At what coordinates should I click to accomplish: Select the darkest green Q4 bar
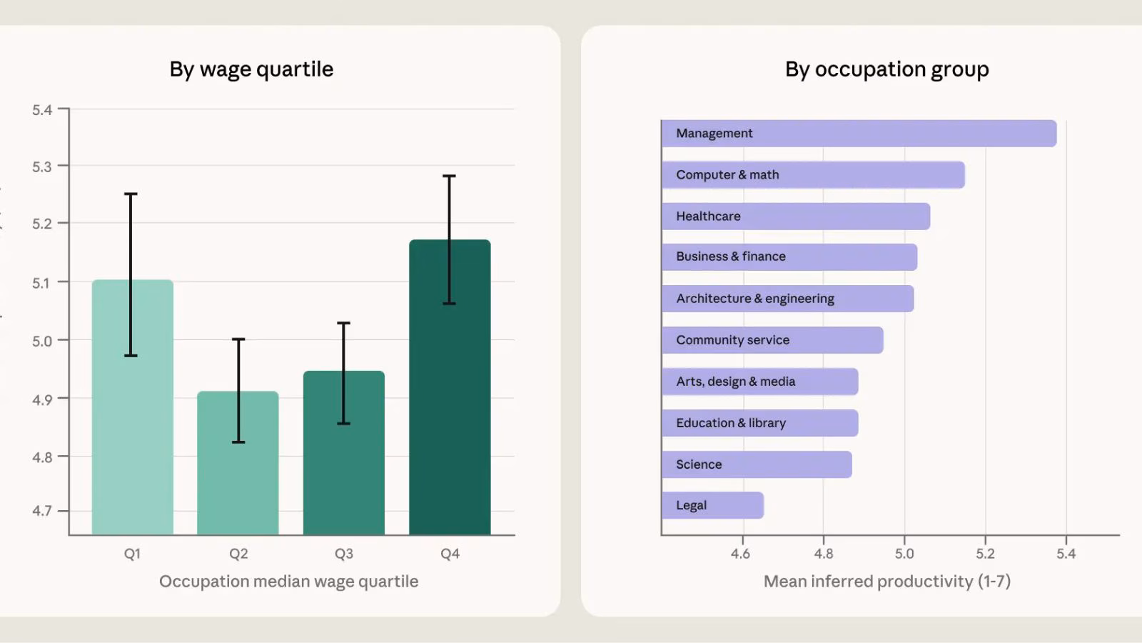click(450, 400)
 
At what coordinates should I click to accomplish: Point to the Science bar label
click(699, 464)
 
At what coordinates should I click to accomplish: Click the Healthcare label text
click(708, 216)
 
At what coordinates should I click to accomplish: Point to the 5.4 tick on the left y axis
click(42, 110)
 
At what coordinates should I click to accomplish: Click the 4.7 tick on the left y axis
click(42, 511)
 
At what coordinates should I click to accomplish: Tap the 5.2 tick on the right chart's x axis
click(985, 554)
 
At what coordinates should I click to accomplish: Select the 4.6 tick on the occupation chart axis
click(741, 554)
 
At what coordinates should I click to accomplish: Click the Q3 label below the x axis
click(343, 554)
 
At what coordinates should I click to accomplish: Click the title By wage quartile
click(251, 69)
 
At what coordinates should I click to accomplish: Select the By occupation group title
click(886, 69)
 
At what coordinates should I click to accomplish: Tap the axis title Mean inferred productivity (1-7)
click(886, 582)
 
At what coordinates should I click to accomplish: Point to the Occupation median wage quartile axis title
click(288, 582)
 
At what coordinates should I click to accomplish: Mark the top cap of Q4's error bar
click(449, 176)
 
